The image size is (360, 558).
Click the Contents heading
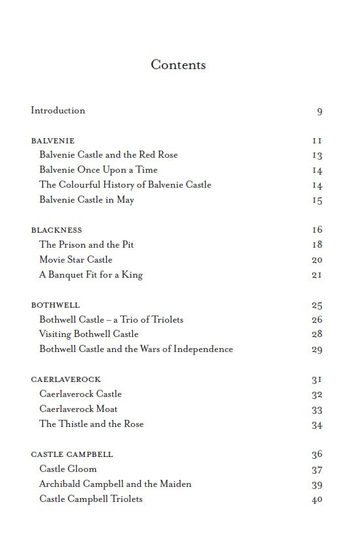coord(178,65)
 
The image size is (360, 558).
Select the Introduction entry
coord(58,110)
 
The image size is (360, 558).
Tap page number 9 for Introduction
coord(320,111)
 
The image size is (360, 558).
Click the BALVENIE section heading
coord(53,141)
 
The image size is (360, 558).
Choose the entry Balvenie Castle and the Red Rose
coord(108,154)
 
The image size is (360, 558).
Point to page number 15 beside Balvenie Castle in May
coord(317,200)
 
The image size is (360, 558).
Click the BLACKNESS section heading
coord(57,230)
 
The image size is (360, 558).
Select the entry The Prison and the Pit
coord(87,244)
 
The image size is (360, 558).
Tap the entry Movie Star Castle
coord(76,259)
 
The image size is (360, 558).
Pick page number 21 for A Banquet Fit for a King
coord(317,275)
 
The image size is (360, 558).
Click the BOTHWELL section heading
coord(55,305)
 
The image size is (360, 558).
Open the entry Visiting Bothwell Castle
coord(89,334)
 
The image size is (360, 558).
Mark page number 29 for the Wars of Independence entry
coord(317,349)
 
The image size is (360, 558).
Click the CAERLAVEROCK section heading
coord(66,379)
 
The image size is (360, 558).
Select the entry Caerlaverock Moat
coord(78,409)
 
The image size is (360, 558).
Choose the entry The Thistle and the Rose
coord(91,424)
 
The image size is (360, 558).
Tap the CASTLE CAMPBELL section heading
coord(72,454)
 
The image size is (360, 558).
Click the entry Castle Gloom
coord(68,469)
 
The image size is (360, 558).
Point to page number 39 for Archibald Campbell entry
coord(317,484)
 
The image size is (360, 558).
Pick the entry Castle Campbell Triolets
coord(91,499)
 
